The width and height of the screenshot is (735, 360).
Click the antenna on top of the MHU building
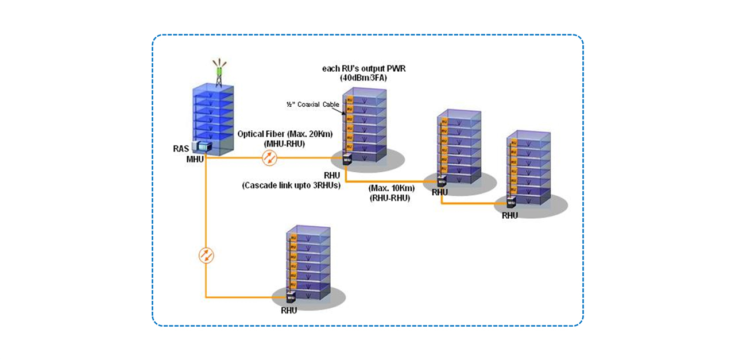219,68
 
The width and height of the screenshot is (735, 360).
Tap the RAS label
181,149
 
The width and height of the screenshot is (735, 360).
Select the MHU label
195,158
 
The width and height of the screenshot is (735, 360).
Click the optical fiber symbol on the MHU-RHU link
269,158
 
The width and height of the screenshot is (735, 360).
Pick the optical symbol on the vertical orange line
206,256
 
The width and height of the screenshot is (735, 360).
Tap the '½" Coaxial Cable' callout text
313,104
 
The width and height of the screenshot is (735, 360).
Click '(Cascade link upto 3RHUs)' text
292,185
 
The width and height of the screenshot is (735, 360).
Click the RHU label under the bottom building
289,311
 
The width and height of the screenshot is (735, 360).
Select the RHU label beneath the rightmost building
510,216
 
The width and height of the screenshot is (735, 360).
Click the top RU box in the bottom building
293,237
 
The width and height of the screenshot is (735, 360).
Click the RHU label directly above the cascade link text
331,175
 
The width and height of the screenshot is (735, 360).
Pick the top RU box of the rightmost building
513,142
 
